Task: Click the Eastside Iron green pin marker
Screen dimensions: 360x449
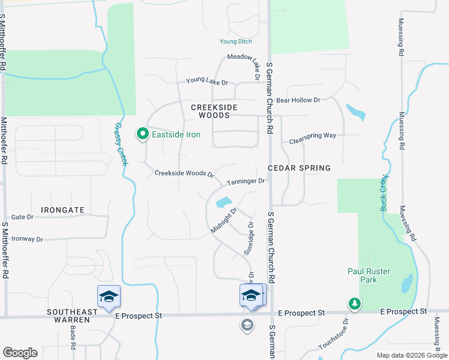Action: coord(143,134)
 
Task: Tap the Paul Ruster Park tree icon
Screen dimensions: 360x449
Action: coord(355,304)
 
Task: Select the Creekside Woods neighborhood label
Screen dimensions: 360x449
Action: coord(214,111)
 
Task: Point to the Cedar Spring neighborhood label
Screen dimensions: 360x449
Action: coord(299,168)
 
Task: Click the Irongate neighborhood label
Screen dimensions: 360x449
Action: coord(62,210)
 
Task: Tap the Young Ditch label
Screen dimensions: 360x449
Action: coord(235,41)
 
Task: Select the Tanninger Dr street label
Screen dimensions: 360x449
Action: coord(246,181)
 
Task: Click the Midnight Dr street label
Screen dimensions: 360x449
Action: coord(224,221)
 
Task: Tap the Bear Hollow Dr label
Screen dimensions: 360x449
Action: coord(298,100)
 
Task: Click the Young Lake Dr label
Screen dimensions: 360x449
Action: coord(207,82)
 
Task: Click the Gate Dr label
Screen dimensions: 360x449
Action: coord(22,217)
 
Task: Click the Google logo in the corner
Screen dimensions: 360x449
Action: coord(20,353)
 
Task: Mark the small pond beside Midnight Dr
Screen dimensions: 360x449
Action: coord(223,202)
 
